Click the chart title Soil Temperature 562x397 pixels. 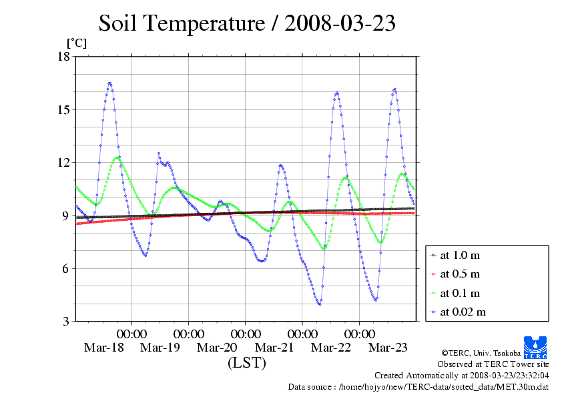247,23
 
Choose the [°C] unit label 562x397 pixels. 76,43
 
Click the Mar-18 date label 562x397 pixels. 103,348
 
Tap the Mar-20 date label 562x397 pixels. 217,348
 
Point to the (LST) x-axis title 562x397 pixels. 246,363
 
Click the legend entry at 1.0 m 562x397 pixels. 460,256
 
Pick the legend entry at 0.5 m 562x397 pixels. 460,274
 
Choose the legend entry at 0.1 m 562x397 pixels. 460,293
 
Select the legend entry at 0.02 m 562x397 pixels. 463,312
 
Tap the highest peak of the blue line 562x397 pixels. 109,83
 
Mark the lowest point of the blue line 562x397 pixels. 320,304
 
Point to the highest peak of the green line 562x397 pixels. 117,157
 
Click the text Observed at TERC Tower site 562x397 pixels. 493,364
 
